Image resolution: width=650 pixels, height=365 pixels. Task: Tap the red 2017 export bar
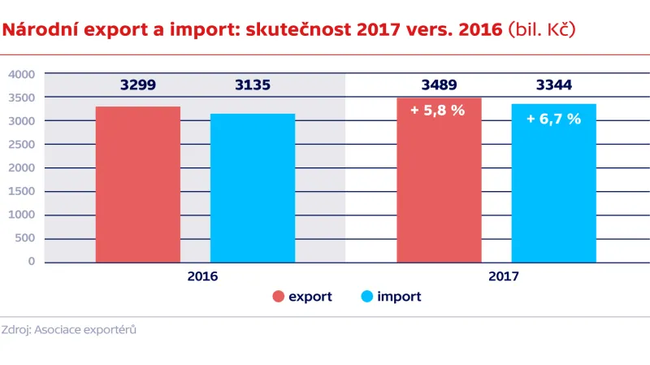[x=439, y=187]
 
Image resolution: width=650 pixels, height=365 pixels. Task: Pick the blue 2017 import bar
[x=553, y=191]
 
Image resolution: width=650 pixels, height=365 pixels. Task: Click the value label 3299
[x=138, y=85]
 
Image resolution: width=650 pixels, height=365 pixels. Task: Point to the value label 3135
[x=253, y=85]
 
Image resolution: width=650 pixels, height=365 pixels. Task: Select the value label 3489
[x=439, y=85]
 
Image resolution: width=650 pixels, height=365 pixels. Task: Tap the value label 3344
[x=553, y=85]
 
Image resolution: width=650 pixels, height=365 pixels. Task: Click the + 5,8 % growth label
[x=438, y=111]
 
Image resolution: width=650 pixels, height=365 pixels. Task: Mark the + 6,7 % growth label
[x=553, y=119]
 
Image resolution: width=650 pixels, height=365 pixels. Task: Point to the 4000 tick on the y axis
[x=21, y=74]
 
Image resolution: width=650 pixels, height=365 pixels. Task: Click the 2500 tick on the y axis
[x=21, y=145]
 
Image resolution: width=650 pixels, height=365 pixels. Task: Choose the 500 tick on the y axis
[x=24, y=239]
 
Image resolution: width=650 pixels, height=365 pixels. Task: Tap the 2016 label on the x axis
[x=202, y=276]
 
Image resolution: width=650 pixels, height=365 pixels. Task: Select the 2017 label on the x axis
[x=504, y=276]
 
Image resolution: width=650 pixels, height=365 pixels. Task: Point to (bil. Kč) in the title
[x=541, y=31]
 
